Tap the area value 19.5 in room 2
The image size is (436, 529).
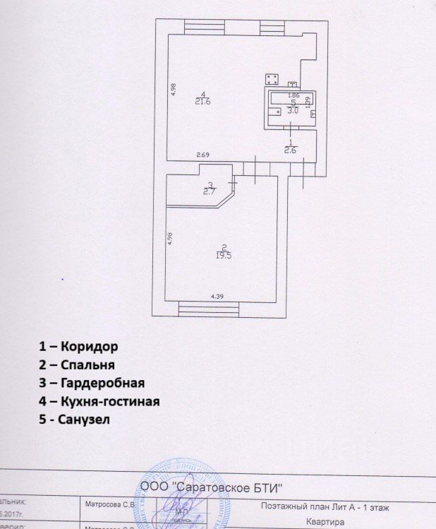(224, 256)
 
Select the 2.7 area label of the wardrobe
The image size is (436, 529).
(210, 191)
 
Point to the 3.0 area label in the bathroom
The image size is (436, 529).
(293, 111)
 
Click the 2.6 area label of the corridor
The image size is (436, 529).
(289, 150)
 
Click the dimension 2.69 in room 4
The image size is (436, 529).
(203, 155)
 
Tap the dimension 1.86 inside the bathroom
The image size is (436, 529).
(294, 95)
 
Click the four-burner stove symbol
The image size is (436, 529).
(272, 79)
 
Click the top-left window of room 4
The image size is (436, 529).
(204, 28)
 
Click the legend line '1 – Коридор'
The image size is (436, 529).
(78, 347)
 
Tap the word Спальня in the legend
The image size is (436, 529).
(88, 365)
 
